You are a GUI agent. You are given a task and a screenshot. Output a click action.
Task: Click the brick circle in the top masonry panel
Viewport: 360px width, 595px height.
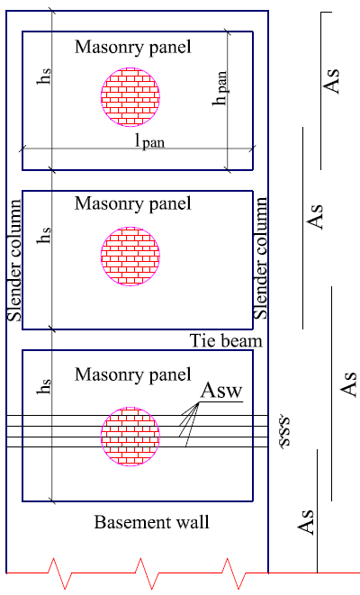[130, 96]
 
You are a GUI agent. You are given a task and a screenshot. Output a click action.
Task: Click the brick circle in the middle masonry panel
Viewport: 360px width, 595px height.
[130, 257]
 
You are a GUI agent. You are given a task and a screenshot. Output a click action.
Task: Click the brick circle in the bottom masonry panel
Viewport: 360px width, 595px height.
[130, 437]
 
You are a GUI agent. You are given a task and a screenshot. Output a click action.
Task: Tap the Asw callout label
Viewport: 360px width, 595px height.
[221, 390]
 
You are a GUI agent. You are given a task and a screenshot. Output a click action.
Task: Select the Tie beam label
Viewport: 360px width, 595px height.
[226, 340]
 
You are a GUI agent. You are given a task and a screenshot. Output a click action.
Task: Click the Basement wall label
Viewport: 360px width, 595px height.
[152, 522]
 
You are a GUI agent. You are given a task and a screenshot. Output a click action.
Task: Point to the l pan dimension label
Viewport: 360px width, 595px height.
[150, 141]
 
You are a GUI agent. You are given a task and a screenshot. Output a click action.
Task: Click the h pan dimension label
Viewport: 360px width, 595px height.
[220, 88]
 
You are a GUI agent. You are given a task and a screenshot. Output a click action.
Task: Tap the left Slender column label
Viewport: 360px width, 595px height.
[14, 260]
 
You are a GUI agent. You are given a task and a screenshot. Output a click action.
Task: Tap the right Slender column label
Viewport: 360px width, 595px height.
[260, 258]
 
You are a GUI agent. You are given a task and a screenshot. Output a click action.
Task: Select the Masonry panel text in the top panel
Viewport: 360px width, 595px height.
[133, 47]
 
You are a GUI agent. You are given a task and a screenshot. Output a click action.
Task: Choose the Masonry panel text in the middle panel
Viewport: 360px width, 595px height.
[133, 203]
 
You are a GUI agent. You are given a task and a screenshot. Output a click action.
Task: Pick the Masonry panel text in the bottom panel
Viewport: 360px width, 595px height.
[133, 374]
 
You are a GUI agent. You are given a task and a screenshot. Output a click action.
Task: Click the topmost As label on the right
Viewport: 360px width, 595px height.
[330, 81]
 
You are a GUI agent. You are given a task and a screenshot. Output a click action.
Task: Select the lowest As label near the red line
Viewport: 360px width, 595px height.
[306, 522]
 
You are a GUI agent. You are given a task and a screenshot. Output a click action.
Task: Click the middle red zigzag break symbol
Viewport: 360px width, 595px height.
[142, 573]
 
